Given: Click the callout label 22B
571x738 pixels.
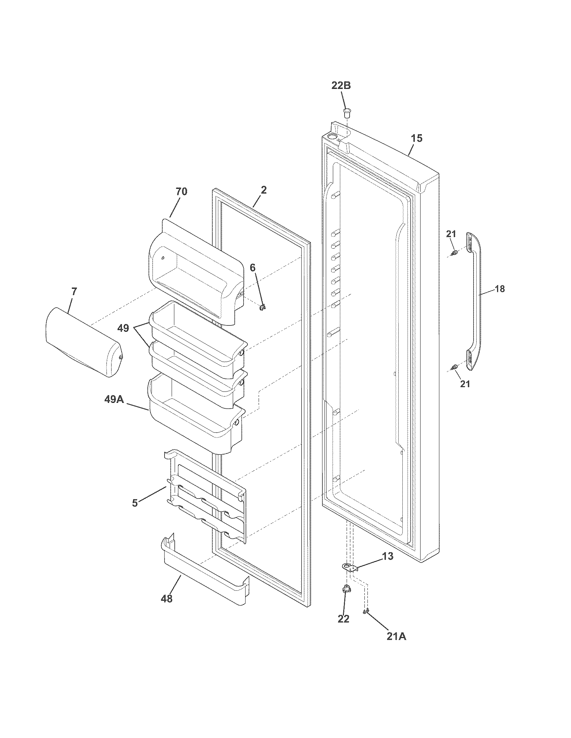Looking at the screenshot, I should coord(341,86).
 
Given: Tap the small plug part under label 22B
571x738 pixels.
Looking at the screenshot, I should coord(346,112).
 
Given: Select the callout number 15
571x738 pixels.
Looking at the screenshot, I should coord(417,138).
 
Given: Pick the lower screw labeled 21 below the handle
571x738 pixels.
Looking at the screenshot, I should coord(455,367).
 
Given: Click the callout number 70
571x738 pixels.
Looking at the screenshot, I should coord(181,192).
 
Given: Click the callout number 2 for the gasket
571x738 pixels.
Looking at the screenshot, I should coord(264,190).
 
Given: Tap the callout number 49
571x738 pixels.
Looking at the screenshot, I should coord(124,328).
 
